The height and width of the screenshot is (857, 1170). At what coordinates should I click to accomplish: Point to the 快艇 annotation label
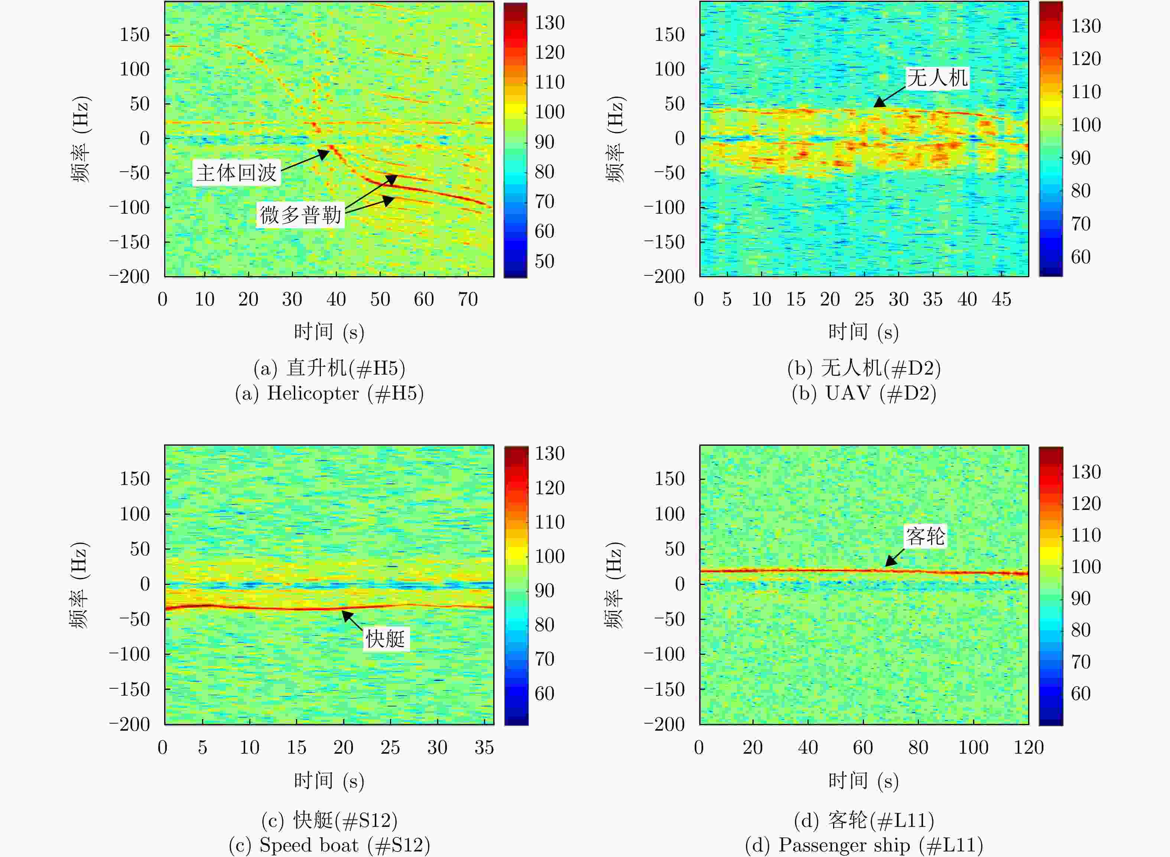(x=385, y=638)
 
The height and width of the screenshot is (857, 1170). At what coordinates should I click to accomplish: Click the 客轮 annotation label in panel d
(x=925, y=536)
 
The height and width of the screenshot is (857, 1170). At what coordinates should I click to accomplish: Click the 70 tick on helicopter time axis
(x=468, y=299)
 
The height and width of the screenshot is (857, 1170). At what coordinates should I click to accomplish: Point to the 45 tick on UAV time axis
(x=1001, y=299)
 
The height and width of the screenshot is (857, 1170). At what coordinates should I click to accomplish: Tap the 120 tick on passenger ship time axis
(x=1028, y=747)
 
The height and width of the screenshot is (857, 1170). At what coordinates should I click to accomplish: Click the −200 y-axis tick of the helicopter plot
(x=130, y=276)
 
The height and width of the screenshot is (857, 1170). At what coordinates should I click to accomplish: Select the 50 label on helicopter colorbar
(x=544, y=261)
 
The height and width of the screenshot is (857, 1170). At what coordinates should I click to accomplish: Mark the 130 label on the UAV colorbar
(x=1086, y=26)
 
